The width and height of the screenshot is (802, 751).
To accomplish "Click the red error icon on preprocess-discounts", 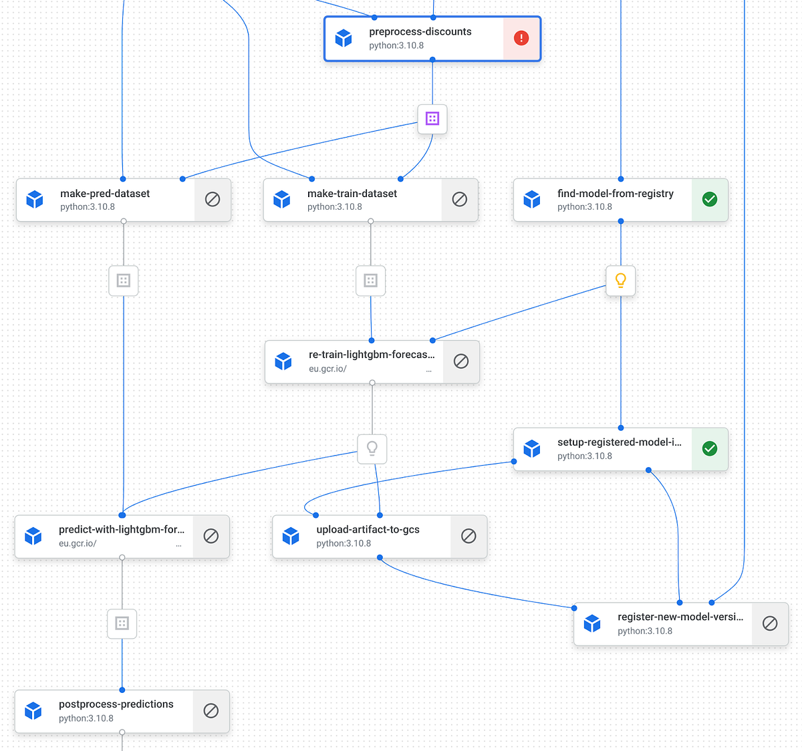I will pos(521,38).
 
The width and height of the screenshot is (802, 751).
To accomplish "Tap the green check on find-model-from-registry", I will pos(710,199).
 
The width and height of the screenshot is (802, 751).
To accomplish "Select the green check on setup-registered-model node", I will pos(710,448).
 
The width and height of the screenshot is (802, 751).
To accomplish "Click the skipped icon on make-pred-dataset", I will pos(213,199).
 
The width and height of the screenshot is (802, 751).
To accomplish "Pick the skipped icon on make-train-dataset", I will pos(460,199).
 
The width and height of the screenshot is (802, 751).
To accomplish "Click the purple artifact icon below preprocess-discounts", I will pos(432,119).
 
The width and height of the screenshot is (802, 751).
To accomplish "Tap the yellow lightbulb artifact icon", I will pos(621,281).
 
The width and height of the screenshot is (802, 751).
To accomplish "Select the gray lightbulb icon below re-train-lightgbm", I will pos(372,448).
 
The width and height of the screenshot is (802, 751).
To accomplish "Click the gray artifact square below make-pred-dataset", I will pos(124,281).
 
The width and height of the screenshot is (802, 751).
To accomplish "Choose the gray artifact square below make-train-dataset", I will pos(371,281).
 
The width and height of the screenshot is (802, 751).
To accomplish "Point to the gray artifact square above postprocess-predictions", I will pos(122,623).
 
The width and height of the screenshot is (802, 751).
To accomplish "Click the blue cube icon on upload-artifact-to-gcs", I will pos(291,536).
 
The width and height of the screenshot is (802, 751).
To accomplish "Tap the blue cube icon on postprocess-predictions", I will pos(33,710).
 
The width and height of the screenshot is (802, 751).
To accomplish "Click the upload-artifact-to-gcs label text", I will pos(368,529).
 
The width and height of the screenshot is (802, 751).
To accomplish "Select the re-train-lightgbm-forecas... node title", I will pos(372,355).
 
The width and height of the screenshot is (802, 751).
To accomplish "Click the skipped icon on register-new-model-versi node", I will pos(770,623).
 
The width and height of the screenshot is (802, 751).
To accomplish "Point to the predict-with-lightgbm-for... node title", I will pos(122,529).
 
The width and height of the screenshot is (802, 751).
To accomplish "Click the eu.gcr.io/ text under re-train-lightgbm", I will pos(327,369).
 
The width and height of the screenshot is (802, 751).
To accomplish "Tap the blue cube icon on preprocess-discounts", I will pos(344,38).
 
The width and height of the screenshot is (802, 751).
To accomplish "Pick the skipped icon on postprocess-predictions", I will pos(211,710).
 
